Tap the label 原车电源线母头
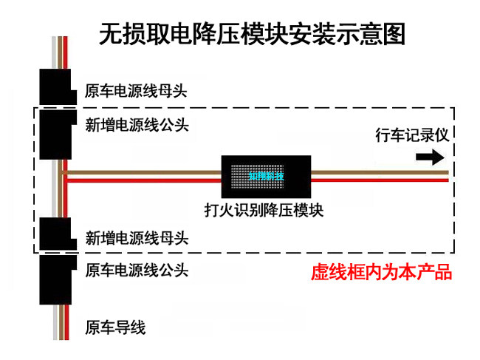(137, 92)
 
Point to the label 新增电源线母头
(137, 238)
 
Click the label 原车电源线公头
(137, 270)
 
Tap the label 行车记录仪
(412, 135)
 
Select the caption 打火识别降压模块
(264, 209)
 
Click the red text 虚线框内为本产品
(381, 272)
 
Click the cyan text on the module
(266, 176)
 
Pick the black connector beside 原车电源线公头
(55, 279)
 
